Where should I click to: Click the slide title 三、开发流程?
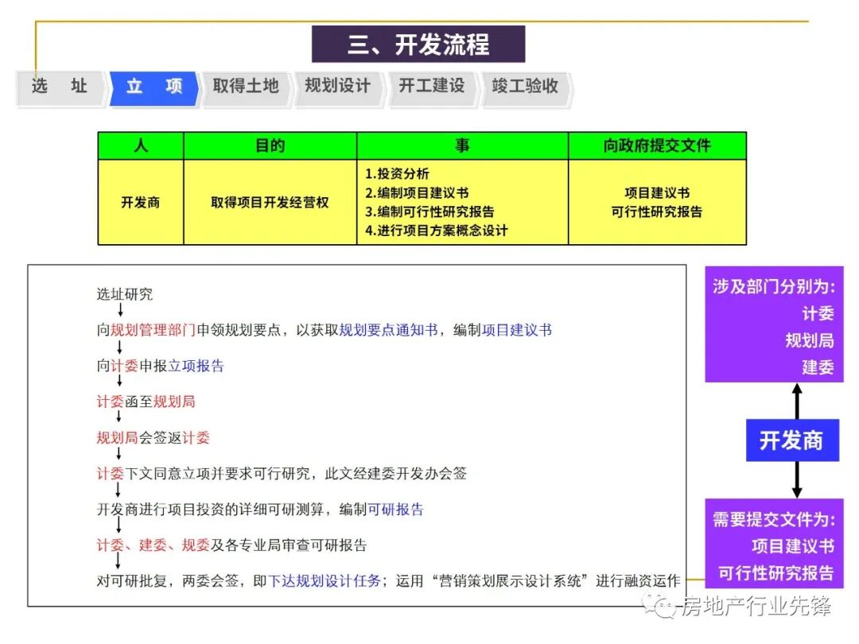(418, 45)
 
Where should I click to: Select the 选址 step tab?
(60, 86)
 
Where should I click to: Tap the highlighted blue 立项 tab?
(154, 86)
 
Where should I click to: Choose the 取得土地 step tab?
(246, 86)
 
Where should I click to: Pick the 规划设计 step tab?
(338, 86)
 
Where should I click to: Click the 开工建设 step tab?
(432, 86)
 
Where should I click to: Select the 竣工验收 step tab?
(525, 86)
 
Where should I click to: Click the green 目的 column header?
(270, 145)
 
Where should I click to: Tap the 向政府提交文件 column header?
(657, 145)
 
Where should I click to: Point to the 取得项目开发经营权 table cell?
(270, 203)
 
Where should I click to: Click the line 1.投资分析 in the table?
(398, 174)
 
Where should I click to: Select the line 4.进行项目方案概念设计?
(436, 231)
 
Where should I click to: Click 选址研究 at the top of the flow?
(125, 294)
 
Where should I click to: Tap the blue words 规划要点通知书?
(388, 330)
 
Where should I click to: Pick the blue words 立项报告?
(196, 366)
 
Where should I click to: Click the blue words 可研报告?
(395, 510)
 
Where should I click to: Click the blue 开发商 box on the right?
(792, 440)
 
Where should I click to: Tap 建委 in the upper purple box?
(818, 367)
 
